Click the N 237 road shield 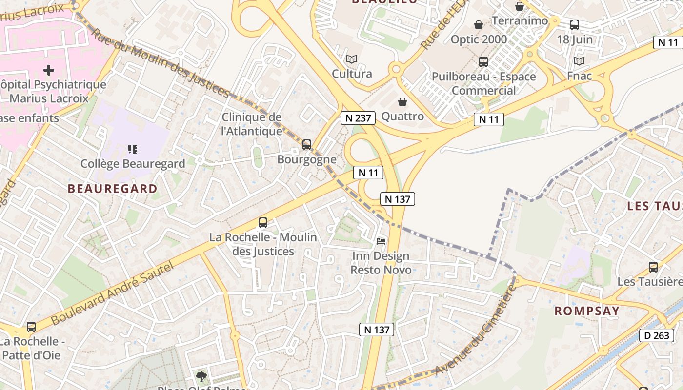[358, 117]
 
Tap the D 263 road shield [657, 335]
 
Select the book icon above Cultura [352, 59]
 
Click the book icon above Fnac [579, 61]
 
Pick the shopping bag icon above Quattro [402, 102]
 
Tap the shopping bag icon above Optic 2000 [479, 25]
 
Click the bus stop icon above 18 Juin [575, 25]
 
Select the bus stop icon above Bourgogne [307, 145]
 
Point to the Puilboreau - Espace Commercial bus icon [483, 62]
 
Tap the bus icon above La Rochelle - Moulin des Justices [263, 223]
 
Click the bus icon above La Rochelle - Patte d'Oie [31, 327]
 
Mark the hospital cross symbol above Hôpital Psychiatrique [49, 70]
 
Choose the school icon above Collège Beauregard [132, 149]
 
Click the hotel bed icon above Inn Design [381, 241]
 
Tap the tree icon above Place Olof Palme [201, 376]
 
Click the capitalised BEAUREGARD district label [113, 189]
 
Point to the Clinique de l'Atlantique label [252, 124]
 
